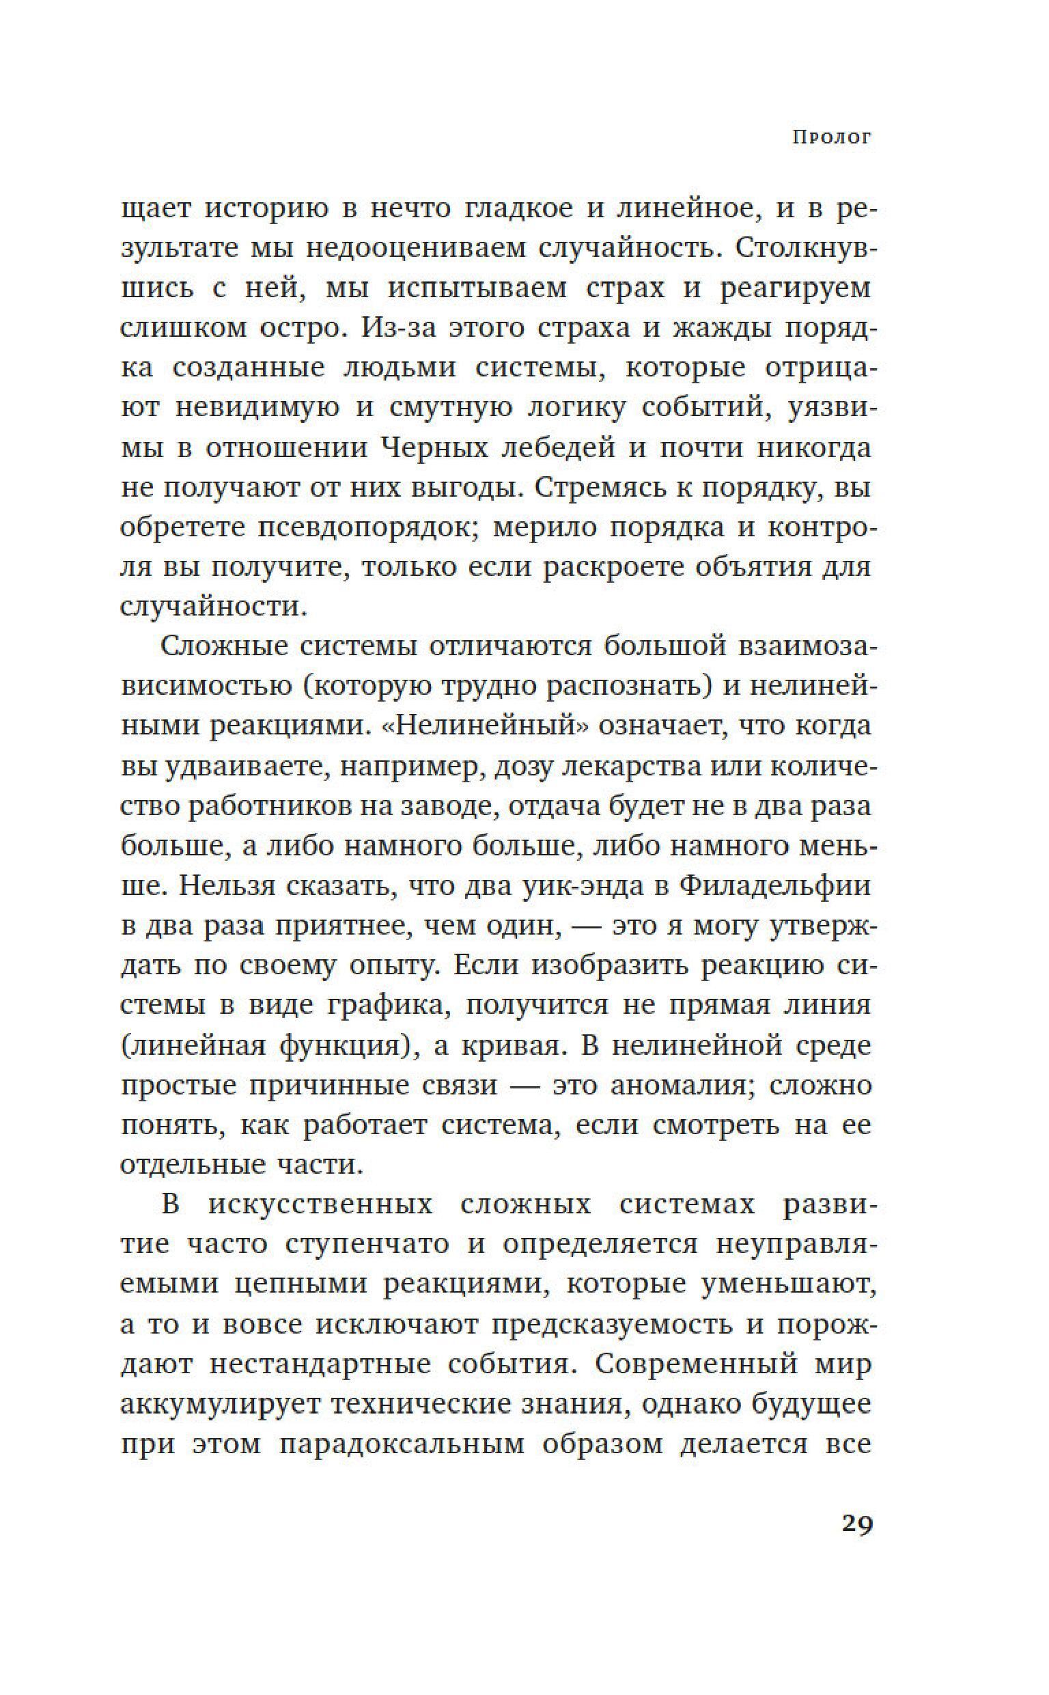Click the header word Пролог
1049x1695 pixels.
coord(831,137)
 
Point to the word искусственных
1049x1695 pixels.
coord(320,1206)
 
